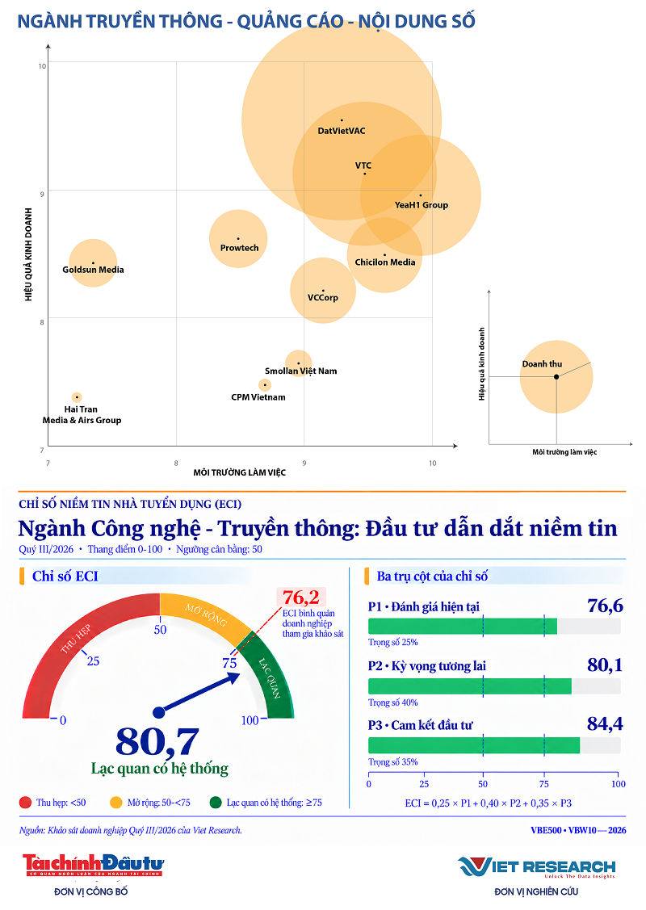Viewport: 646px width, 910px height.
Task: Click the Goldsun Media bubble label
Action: [x=93, y=270]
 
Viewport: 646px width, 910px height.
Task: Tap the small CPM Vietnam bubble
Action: [x=265, y=385]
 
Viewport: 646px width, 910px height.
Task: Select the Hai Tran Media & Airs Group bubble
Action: [x=77, y=397]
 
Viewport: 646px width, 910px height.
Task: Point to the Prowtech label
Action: [x=239, y=248]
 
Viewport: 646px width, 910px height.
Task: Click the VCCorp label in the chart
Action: [x=323, y=298]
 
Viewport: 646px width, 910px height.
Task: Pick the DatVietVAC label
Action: [x=342, y=131]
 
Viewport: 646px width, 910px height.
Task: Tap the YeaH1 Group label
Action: [x=422, y=205]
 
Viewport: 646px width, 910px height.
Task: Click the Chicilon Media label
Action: [x=385, y=262]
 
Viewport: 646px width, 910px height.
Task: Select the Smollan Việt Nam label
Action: [x=300, y=371]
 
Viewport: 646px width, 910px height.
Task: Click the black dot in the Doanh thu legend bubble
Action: [x=556, y=376]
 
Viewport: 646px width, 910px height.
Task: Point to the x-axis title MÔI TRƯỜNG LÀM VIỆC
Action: [x=239, y=472]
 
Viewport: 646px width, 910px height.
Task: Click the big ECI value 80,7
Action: [x=157, y=742]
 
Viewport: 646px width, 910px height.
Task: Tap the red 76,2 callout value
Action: [x=300, y=598]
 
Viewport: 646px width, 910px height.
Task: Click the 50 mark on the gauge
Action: [x=160, y=630]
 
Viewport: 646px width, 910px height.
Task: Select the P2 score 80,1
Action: [x=605, y=665]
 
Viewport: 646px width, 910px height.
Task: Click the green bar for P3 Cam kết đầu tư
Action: [x=474, y=746]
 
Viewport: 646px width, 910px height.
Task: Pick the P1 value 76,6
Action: [x=605, y=606]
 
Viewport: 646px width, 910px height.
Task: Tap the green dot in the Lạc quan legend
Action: [x=216, y=803]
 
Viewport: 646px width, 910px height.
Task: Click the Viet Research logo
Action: [x=536, y=867]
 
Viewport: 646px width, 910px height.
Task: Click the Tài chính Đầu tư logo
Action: [x=93, y=865]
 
